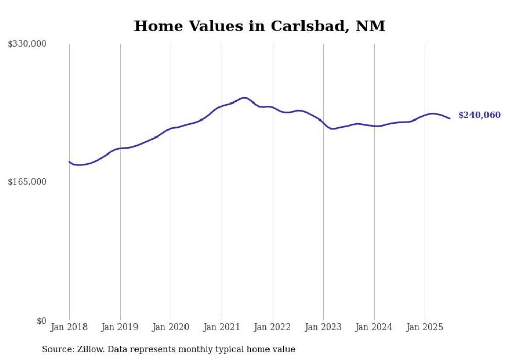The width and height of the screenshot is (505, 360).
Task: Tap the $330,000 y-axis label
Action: [x=27, y=44]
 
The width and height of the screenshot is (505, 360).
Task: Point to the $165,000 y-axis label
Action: [x=27, y=182]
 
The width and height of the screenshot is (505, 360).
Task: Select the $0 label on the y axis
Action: [x=41, y=321]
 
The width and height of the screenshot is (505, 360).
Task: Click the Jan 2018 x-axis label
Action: [x=69, y=327]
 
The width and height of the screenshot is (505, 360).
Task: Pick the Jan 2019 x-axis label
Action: [x=120, y=327]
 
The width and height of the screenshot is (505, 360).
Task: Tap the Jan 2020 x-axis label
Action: [x=171, y=327]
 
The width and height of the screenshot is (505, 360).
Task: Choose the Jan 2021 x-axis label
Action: [x=222, y=327]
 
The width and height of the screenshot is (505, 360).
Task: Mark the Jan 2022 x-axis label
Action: [x=272, y=327]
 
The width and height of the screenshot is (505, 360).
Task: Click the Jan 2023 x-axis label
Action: [x=323, y=327]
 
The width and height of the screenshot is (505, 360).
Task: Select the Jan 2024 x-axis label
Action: [x=374, y=327]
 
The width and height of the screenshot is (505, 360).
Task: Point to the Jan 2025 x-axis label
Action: [x=425, y=327]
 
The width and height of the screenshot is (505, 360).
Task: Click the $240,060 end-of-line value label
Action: [x=479, y=115]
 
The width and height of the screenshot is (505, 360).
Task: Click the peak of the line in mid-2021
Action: [x=244, y=98]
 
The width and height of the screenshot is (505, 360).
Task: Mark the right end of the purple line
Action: [x=450, y=118]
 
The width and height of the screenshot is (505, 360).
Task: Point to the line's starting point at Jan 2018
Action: [x=69, y=162]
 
